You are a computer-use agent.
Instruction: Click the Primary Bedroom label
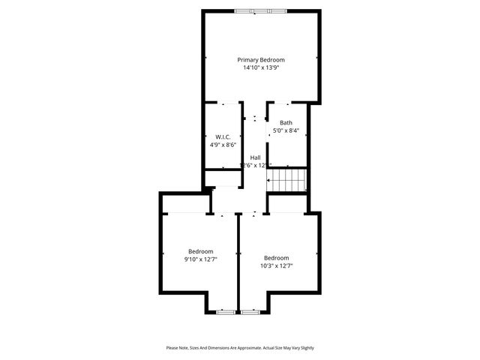tap(261, 59)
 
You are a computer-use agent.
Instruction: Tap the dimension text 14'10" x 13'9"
tap(261, 67)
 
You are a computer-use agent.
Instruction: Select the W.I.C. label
tap(222, 136)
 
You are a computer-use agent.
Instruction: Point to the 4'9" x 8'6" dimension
tap(223, 145)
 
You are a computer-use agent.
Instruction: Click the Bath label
tap(286, 123)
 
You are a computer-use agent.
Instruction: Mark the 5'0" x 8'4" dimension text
tap(286, 130)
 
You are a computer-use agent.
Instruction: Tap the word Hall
tap(255, 157)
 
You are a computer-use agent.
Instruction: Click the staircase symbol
tap(289, 179)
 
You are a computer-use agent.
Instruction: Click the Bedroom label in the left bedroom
tap(200, 251)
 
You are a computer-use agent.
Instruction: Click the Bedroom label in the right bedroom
tap(276, 257)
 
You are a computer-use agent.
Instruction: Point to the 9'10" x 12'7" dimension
tap(200, 259)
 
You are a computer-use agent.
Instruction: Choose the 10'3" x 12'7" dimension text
tap(276, 265)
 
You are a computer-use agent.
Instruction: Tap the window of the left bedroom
tap(225, 311)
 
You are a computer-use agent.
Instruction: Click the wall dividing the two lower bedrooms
tap(238, 262)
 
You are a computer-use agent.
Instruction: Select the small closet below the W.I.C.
tap(223, 178)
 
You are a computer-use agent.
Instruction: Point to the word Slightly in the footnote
tap(307, 348)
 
